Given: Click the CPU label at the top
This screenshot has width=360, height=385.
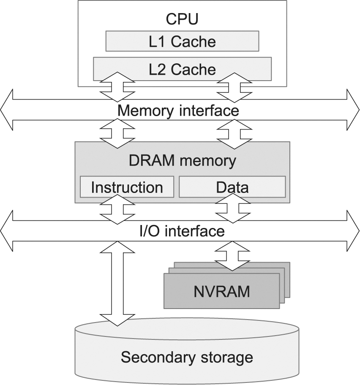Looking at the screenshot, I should [x=182, y=19].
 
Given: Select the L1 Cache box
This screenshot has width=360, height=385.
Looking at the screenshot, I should [x=182, y=41].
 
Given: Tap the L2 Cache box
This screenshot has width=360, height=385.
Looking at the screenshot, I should [x=182, y=69].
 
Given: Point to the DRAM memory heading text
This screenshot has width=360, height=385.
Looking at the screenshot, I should [x=182, y=161].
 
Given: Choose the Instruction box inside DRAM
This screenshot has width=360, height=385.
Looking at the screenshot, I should [x=127, y=187].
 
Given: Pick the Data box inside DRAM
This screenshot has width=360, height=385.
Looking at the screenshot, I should [x=232, y=187].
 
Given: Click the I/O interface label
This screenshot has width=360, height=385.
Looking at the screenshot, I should [x=182, y=231].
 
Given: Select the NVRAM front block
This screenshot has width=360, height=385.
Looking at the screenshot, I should [x=221, y=291].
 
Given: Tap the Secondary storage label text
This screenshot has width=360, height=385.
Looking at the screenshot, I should [x=187, y=357].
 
